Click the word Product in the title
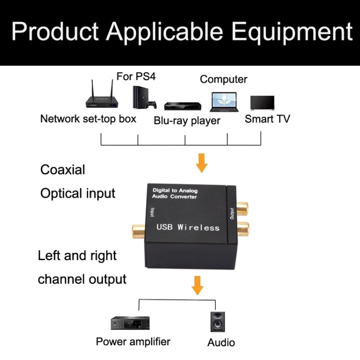click(x=55, y=31)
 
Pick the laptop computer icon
click(x=223, y=102)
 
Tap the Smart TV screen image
click(x=262, y=103)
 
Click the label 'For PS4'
click(x=136, y=76)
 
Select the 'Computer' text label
click(x=224, y=79)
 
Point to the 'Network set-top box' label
click(x=88, y=119)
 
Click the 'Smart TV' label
click(x=267, y=119)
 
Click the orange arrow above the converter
click(x=202, y=164)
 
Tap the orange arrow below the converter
click(x=197, y=286)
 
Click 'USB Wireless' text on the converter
click(x=188, y=227)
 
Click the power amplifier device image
click(x=126, y=323)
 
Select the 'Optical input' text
click(x=78, y=193)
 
